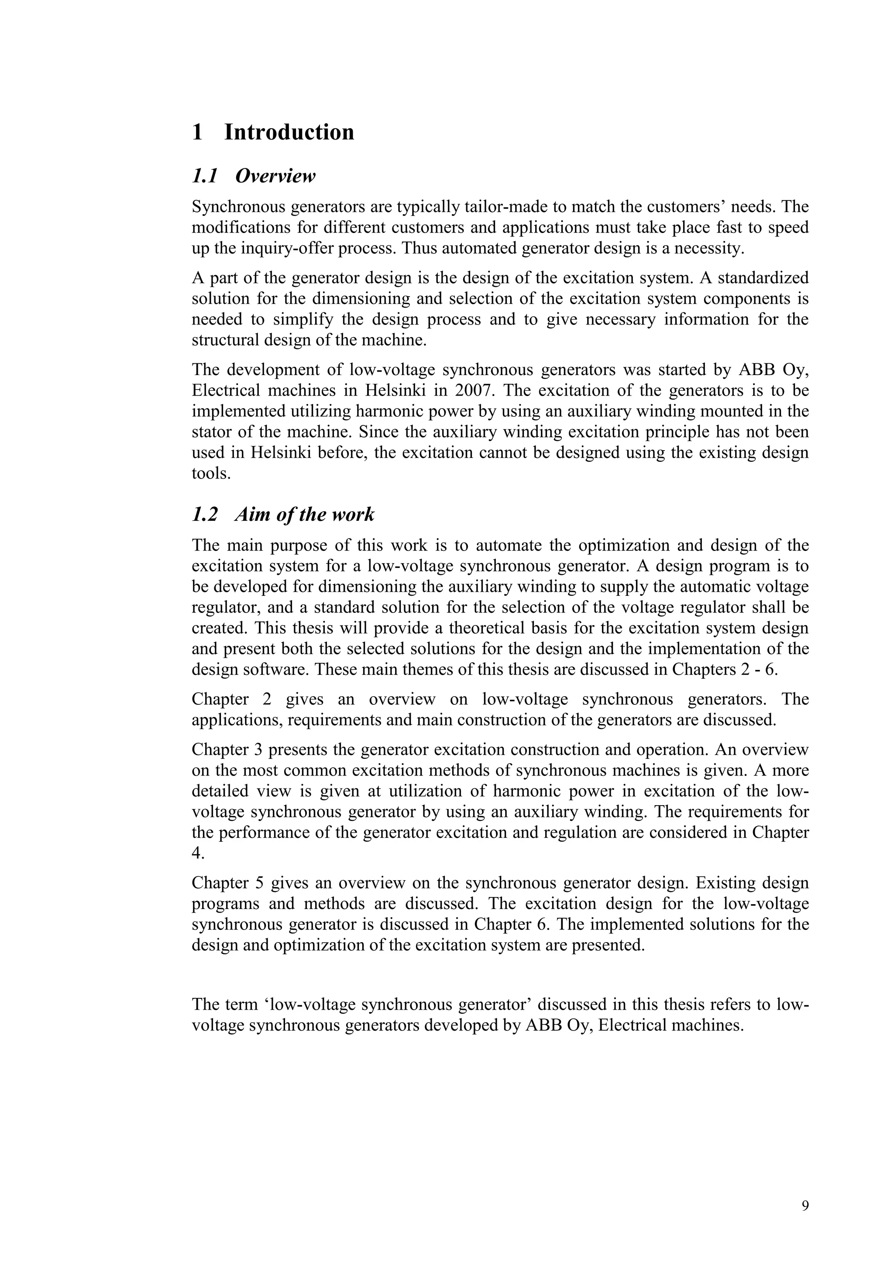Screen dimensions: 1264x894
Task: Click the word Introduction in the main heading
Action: point(289,133)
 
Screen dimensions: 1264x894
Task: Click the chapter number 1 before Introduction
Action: point(198,133)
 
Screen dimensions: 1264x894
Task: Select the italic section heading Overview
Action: point(275,177)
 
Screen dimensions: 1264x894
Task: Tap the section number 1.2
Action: point(204,515)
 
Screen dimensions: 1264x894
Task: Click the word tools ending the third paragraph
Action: point(210,473)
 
